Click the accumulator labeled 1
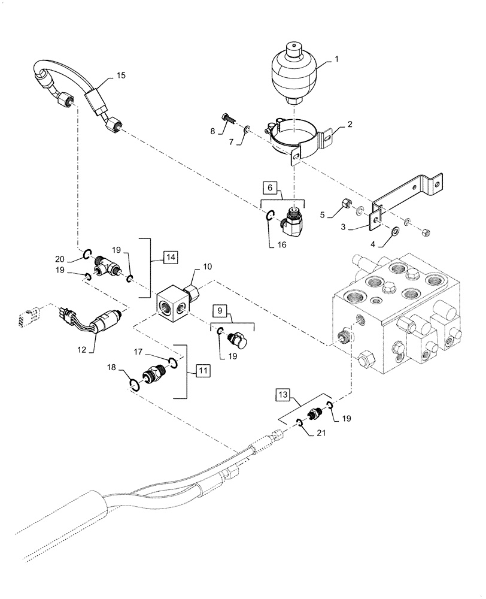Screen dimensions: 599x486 pyautogui.click(x=293, y=72)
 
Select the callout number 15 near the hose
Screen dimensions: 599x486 pyautogui.click(x=121, y=75)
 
